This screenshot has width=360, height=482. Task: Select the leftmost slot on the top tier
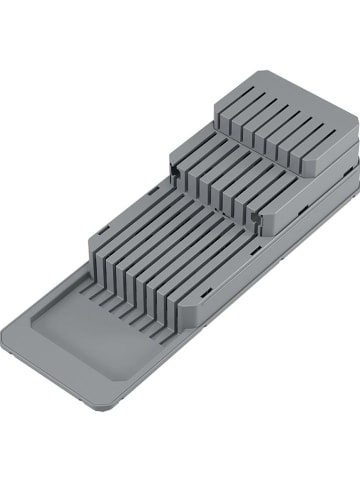click(226, 126)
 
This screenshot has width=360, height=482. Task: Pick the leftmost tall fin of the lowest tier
click(100, 250)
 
